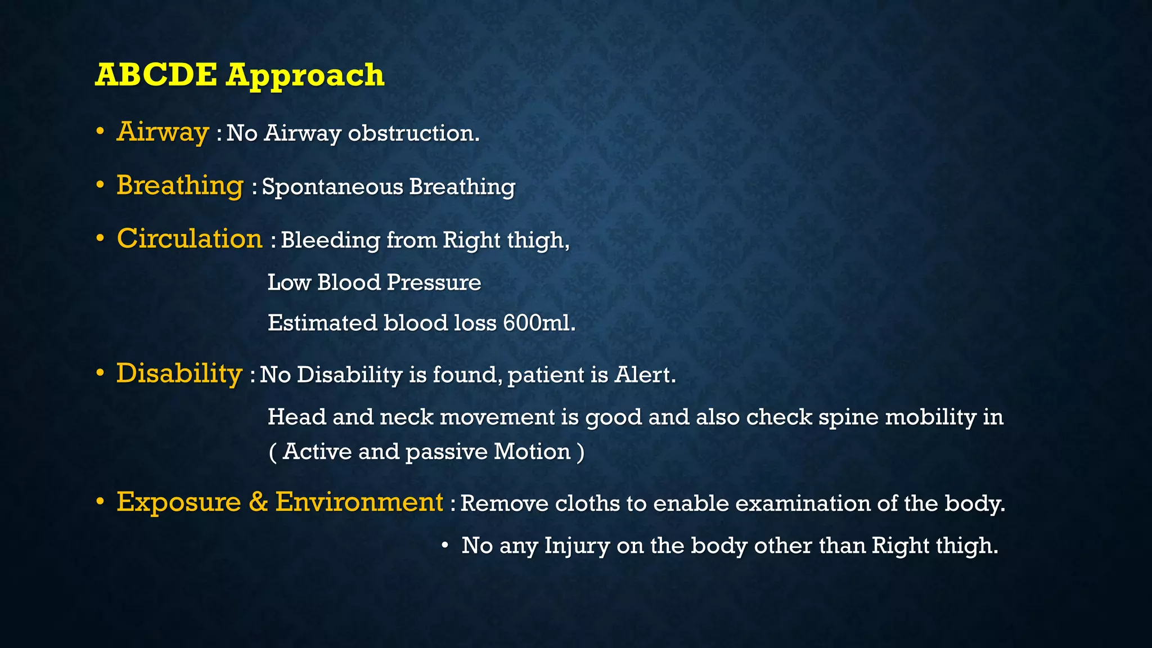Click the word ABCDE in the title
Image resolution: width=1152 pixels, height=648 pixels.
(x=156, y=75)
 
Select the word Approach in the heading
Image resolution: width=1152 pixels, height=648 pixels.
(x=305, y=76)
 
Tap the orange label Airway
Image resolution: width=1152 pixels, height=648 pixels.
(x=163, y=132)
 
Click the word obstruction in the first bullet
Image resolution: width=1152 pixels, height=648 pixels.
(x=413, y=133)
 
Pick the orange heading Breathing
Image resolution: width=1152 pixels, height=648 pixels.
(x=180, y=186)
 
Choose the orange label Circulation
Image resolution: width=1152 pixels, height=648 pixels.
(x=190, y=238)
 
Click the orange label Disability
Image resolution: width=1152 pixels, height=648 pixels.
(x=179, y=373)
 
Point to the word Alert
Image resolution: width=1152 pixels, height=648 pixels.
(x=645, y=375)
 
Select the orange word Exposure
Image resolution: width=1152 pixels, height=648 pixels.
(x=178, y=502)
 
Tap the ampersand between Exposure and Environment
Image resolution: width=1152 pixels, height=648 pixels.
(x=258, y=502)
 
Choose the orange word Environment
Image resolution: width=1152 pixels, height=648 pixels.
(x=359, y=502)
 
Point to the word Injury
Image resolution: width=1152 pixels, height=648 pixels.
(x=577, y=546)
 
